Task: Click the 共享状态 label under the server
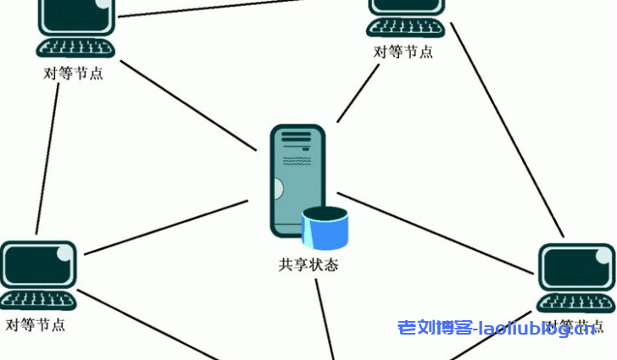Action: click(x=308, y=265)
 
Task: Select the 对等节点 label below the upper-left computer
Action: click(x=74, y=73)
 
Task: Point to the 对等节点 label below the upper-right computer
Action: click(x=403, y=52)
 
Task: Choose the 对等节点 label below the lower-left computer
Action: click(x=36, y=324)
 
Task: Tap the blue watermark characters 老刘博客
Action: click(x=434, y=328)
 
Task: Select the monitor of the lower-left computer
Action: click(x=37, y=264)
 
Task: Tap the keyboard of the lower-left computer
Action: click(x=37, y=299)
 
